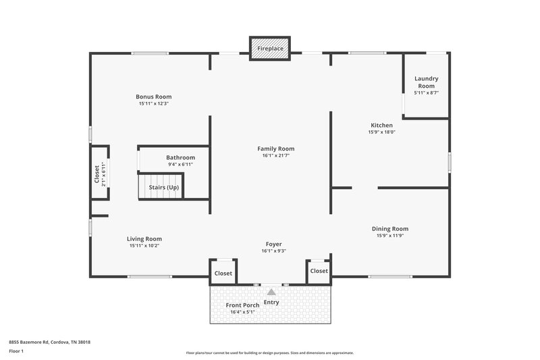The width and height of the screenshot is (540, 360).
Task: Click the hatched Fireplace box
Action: point(270,49)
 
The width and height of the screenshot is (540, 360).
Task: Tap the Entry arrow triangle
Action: point(271,292)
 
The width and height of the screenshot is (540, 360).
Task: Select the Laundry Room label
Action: point(426,82)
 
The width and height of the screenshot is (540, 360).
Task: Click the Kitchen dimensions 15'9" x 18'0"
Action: point(381,132)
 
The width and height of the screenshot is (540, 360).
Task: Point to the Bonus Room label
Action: point(153,97)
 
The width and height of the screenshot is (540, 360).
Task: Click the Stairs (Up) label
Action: point(164,187)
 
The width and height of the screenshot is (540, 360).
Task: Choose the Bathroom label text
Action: point(180,157)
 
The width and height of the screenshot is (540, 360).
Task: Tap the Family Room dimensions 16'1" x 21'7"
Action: point(275,155)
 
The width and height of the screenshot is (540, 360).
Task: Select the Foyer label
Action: point(273,244)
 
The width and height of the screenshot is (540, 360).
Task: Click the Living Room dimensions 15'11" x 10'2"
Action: point(144,245)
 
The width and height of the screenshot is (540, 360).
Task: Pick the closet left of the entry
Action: point(223,274)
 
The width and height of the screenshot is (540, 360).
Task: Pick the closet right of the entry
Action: point(319,271)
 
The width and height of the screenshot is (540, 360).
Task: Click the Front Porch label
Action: point(242,305)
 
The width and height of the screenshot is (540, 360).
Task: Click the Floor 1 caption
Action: point(16,351)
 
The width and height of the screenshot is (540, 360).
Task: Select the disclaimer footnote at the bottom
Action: point(269,353)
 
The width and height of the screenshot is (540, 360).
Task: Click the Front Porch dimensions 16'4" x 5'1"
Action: point(242,312)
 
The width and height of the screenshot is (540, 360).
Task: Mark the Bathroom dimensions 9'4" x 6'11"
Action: point(180,164)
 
